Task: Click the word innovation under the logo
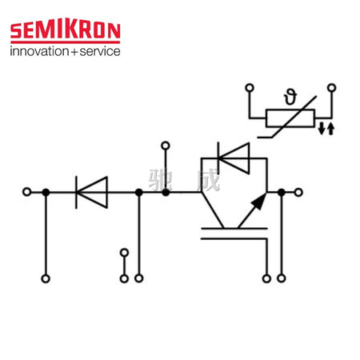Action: tap(39, 51)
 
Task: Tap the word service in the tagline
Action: tap(100, 51)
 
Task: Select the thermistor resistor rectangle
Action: tap(290, 118)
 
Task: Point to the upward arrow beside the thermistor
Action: tap(330, 128)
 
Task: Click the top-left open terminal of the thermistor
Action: tap(250, 87)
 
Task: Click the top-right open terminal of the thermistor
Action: tap(331, 87)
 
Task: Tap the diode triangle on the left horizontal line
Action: tap(92, 192)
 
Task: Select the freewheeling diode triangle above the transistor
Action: tap(234, 158)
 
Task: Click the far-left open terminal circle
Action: tap(27, 192)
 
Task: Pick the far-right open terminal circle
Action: tap(298, 192)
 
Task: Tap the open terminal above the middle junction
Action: tap(166, 146)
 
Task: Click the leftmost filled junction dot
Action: tap(46, 192)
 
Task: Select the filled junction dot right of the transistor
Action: tap(282, 192)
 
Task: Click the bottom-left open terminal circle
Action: tap(46, 278)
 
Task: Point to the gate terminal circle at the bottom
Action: tap(266, 278)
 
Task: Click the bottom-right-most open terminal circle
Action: tap(282, 278)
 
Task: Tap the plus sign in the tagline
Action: tap(74, 52)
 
